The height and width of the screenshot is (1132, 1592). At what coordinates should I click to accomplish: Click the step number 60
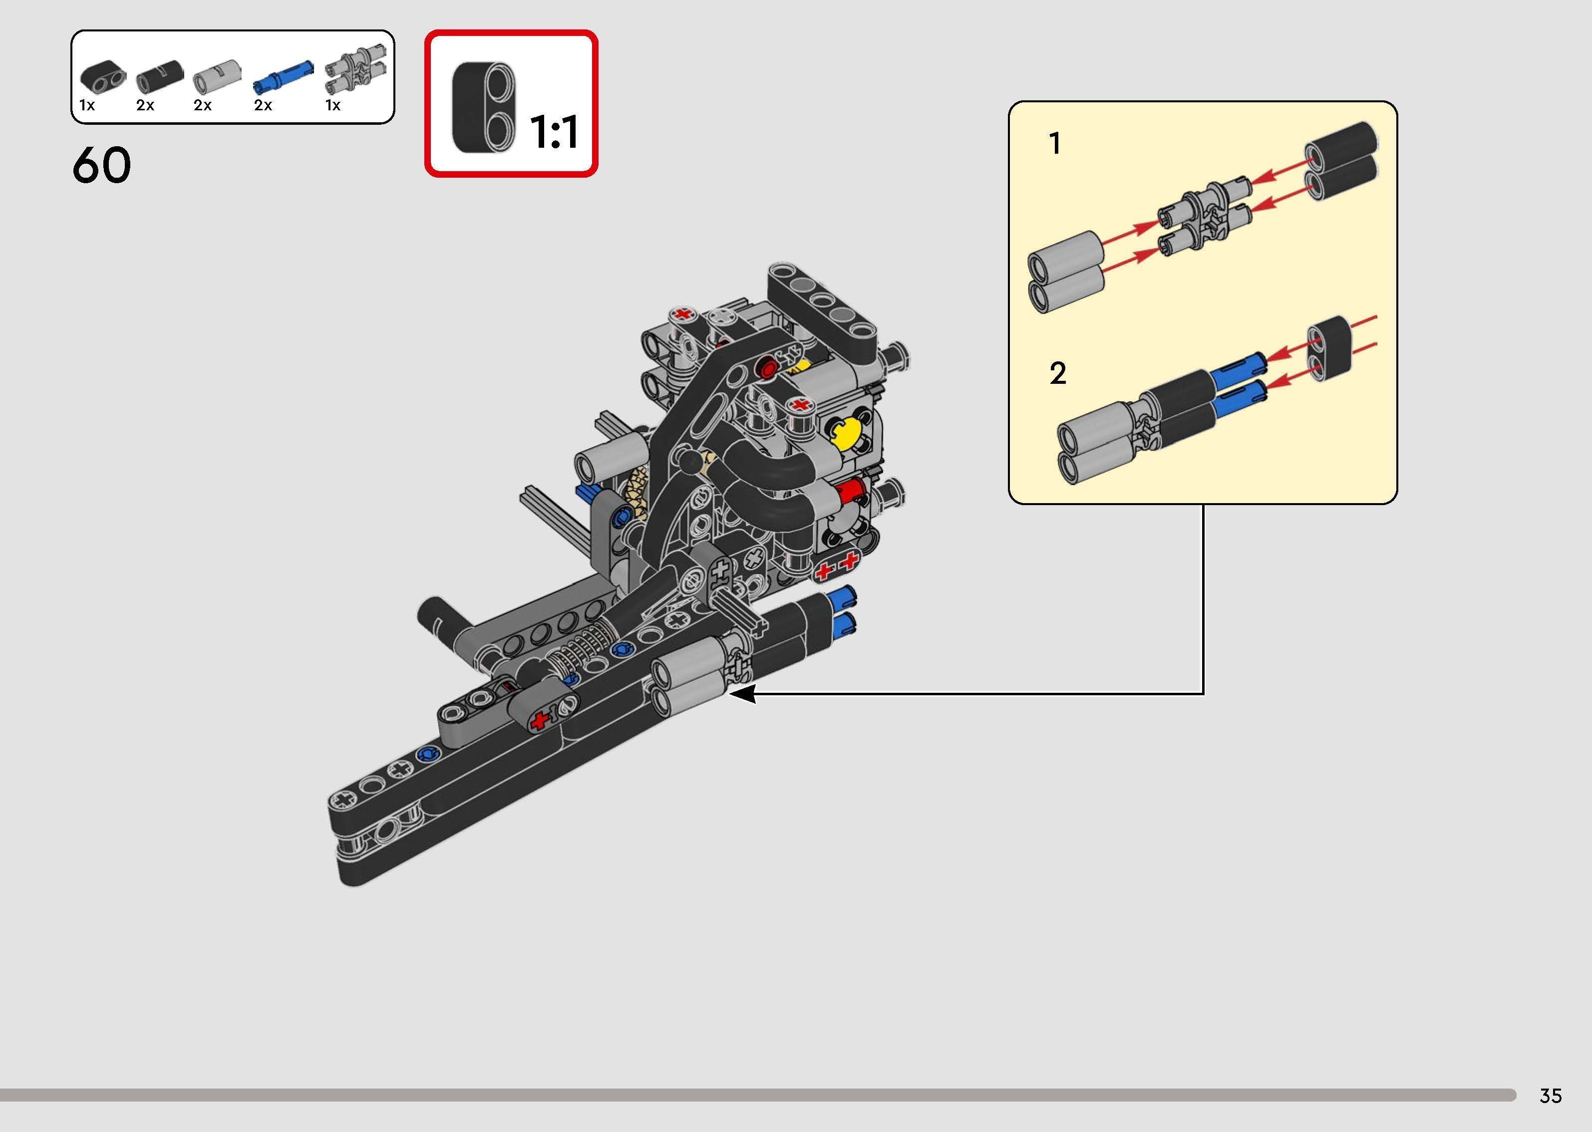click(x=102, y=166)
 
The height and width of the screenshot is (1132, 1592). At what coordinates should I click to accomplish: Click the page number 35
click(x=1550, y=1096)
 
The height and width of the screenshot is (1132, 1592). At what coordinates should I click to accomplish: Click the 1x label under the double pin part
click(x=332, y=105)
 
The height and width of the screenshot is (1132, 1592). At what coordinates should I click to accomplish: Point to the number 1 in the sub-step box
click(x=1055, y=144)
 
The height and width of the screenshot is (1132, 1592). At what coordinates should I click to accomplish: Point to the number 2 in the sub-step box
click(x=1057, y=374)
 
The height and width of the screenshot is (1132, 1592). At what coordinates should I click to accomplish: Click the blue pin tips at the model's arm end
click(x=845, y=609)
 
